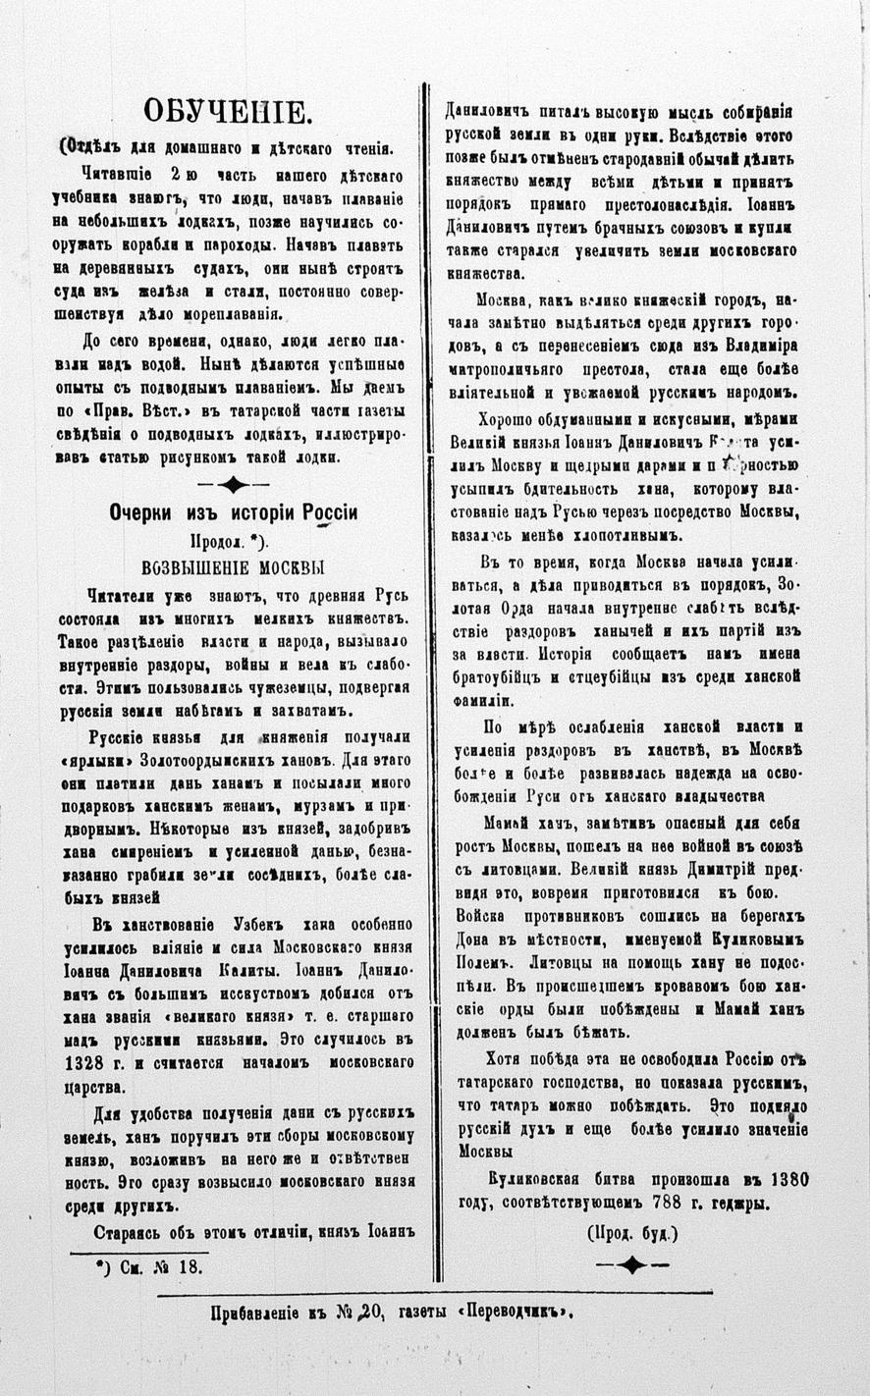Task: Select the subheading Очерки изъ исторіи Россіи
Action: point(233,513)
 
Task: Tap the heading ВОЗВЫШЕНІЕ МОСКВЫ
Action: point(234,567)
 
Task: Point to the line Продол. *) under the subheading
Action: point(233,541)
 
